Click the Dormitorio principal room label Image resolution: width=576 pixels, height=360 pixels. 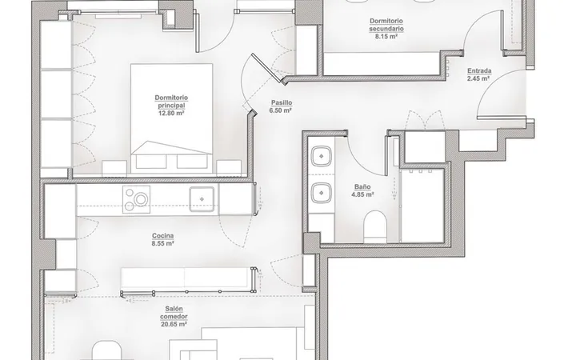click(x=171, y=102)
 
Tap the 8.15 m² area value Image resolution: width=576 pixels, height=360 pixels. click(x=386, y=36)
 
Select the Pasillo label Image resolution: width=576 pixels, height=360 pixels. click(x=282, y=103)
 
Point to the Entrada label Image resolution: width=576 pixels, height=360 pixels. click(x=479, y=71)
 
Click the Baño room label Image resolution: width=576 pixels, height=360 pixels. click(x=362, y=186)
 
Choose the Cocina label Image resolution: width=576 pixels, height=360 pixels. click(x=162, y=236)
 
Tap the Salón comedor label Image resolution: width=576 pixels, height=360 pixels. click(x=174, y=313)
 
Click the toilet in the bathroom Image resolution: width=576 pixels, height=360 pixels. click(x=375, y=226)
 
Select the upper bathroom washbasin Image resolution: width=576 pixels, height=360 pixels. click(x=322, y=156)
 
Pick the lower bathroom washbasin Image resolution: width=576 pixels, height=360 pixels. click(x=322, y=193)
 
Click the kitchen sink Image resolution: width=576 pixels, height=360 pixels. click(x=202, y=199)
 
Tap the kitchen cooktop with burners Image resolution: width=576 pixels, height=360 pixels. click(x=136, y=198)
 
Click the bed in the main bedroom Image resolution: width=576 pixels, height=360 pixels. click(x=171, y=118)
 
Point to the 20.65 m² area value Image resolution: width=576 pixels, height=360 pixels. click(x=174, y=324)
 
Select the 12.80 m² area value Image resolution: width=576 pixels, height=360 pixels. click(x=171, y=113)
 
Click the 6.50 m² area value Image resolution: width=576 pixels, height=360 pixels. click(x=281, y=110)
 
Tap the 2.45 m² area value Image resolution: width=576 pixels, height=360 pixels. click(x=478, y=78)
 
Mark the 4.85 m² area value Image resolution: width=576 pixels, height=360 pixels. click(x=362, y=194)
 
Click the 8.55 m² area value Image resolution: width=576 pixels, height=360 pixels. click(x=162, y=243)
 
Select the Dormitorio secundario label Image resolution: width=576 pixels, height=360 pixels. click(x=386, y=25)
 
